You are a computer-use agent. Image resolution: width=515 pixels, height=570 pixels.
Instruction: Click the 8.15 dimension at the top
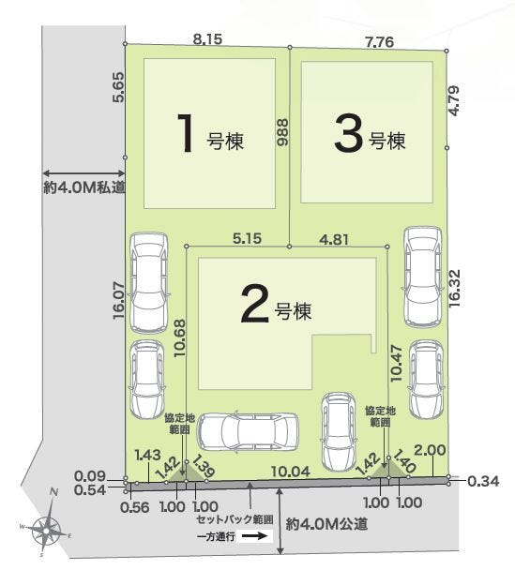coord(208,39)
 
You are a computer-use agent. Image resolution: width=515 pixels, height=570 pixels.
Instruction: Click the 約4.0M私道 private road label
coord(83,187)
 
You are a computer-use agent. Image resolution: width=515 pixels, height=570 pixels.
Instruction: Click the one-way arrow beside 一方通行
coord(252,538)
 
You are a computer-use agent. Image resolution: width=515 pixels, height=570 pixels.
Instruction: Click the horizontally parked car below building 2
coord(250,432)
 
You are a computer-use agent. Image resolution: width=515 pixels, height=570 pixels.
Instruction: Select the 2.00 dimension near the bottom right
coord(430,451)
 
